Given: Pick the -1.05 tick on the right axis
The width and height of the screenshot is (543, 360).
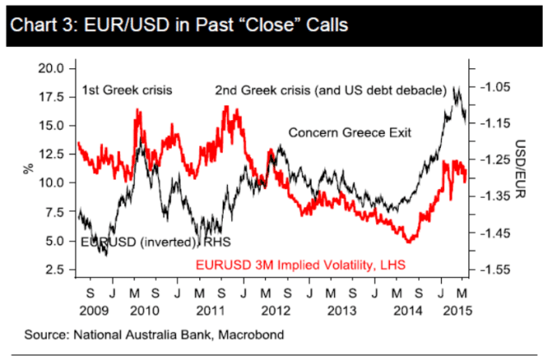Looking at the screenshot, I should pos(492,85).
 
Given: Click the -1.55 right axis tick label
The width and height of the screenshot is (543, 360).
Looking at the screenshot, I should pos(492,269).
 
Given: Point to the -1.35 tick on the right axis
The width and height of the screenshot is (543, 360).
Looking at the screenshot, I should pos(492,195).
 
